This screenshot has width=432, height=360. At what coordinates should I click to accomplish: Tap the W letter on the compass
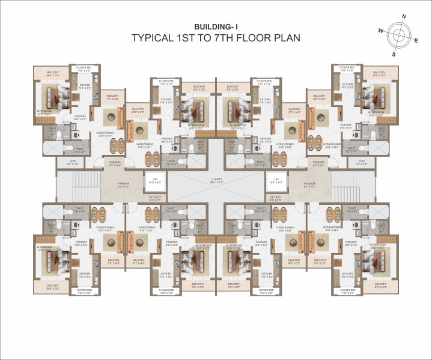(x=381, y=29)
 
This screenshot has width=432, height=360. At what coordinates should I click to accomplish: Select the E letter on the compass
(x=416, y=40)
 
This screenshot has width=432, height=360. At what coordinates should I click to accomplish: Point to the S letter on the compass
(x=394, y=53)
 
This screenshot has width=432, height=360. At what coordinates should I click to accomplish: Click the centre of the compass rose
(x=398, y=35)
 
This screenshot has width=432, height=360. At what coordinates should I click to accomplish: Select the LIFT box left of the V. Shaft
(x=156, y=181)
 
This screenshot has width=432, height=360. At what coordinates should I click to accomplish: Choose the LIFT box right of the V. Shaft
(x=276, y=181)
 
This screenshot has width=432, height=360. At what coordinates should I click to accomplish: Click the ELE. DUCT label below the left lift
(x=156, y=198)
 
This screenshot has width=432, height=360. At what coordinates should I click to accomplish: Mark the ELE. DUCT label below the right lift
(x=276, y=198)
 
